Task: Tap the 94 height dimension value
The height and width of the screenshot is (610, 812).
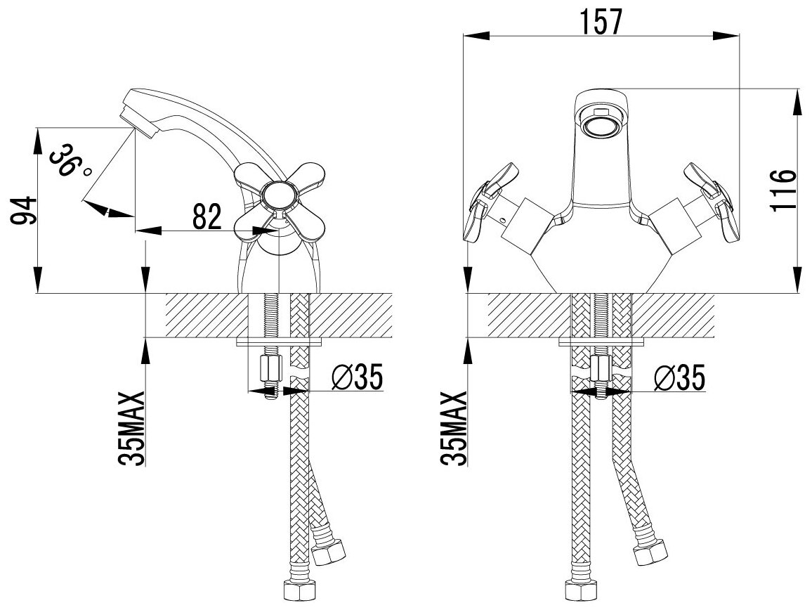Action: tap(22, 210)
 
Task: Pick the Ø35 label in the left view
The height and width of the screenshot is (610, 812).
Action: tap(356, 379)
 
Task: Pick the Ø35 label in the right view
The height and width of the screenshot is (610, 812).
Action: tap(678, 379)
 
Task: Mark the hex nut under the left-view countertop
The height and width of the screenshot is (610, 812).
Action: tap(270, 368)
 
